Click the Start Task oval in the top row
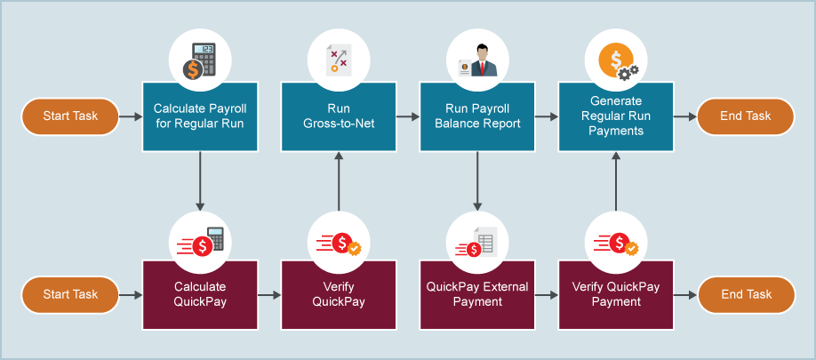coord(69,116)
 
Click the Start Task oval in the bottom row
coord(69,294)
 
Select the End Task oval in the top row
coord(746,116)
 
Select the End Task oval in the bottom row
coord(746,294)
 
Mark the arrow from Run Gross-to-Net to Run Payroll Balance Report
coord(407,116)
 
